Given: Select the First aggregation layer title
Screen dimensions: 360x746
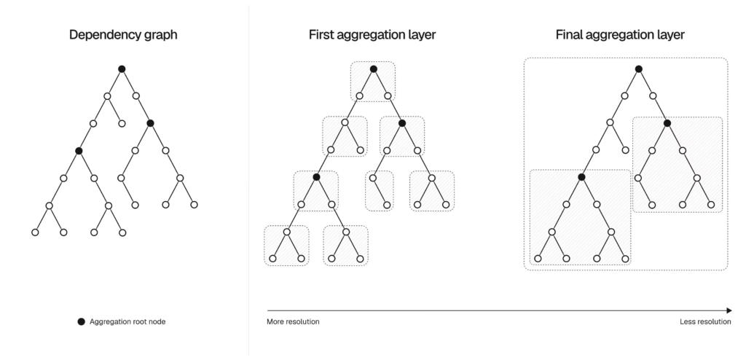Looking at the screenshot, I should [373, 34].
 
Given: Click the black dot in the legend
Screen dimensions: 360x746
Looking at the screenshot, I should [81, 321].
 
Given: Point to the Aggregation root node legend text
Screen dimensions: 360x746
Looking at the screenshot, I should [127, 321].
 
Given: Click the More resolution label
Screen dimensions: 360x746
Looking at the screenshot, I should [293, 321].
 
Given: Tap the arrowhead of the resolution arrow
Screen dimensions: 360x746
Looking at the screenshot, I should [729, 310].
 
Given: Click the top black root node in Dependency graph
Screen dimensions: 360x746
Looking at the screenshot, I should [122, 69].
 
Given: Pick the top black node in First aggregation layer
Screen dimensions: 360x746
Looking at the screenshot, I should [373, 69].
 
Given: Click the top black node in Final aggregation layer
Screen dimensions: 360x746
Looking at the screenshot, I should [638, 69].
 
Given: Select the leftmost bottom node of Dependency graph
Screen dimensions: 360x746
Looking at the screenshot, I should [34, 232].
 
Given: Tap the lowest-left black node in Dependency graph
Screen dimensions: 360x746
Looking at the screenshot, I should [79, 151].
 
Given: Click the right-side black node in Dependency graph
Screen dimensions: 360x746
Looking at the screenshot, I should [150, 122].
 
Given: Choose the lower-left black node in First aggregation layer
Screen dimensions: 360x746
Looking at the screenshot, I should [316, 177].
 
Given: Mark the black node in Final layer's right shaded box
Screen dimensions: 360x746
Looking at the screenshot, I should [667, 123].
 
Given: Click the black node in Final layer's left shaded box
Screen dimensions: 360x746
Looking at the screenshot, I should [581, 177].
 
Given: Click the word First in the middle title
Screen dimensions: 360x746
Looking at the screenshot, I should [321, 34].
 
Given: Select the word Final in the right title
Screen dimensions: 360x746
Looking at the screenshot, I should [572, 34].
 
